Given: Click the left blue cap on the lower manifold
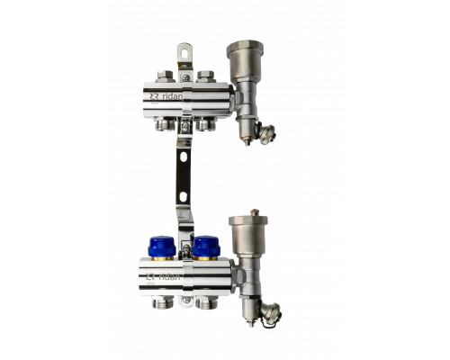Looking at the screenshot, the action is pyautogui.click(x=162, y=247).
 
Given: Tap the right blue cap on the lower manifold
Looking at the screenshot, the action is pyautogui.click(x=206, y=247).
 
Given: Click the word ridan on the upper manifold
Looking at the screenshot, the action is pyautogui.click(x=172, y=96).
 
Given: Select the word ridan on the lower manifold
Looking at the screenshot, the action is pyautogui.click(x=169, y=277).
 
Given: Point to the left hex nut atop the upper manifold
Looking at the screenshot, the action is pyautogui.click(x=165, y=76).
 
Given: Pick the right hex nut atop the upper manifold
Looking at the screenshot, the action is pyautogui.click(x=205, y=76).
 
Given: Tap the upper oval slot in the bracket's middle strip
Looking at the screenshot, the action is pyautogui.click(x=184, y=157).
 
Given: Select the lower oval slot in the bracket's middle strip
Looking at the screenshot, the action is pyautogui.click(x=184, y=197).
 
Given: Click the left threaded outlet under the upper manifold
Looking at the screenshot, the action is pyautogui.click(x=165, y=123).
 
